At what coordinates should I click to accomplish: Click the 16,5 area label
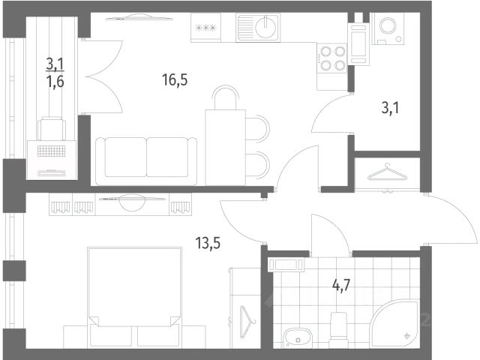(x=175, y=80)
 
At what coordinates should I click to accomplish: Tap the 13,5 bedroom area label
(x=208, y=244)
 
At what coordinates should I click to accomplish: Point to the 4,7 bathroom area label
(x=341, y=286)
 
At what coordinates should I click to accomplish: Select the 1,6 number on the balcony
(x=55, y=82)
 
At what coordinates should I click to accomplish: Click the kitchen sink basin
(x=265, y=27)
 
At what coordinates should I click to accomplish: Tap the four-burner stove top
(x=332, y=58)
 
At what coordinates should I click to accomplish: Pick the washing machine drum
(x=388, y=25)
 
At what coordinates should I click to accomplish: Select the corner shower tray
(x=394, y=324)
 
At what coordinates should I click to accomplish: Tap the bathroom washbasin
(x=297, y=337)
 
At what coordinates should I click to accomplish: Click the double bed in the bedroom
(x=135, y=298)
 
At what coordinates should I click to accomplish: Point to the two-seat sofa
(x=146, y=161)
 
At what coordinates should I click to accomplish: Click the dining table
(x=226, y=148)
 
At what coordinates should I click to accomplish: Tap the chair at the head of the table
(x=226, y=97)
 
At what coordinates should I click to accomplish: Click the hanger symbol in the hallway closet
(x=388, y=172)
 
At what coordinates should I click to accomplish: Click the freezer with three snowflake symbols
(x=205, y=28)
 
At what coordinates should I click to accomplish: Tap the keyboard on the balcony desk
(x=52, y=151)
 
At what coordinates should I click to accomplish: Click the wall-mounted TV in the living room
(x=139, y=18)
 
